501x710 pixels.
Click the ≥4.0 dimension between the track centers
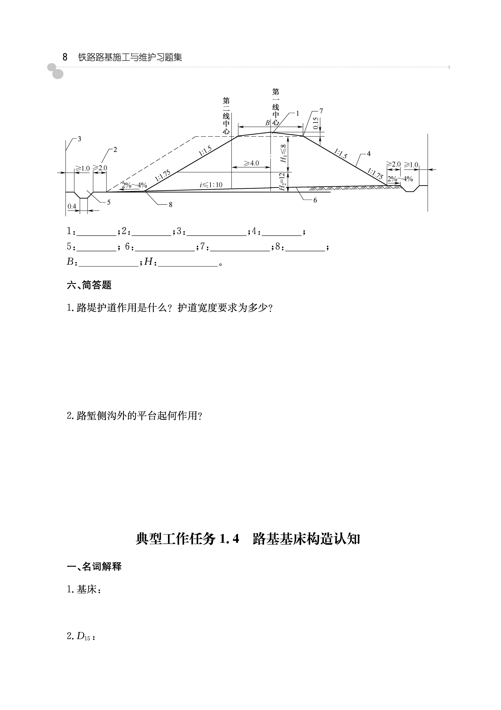(x=251, y=163)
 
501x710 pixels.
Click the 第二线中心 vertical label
(x=226, y=115)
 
